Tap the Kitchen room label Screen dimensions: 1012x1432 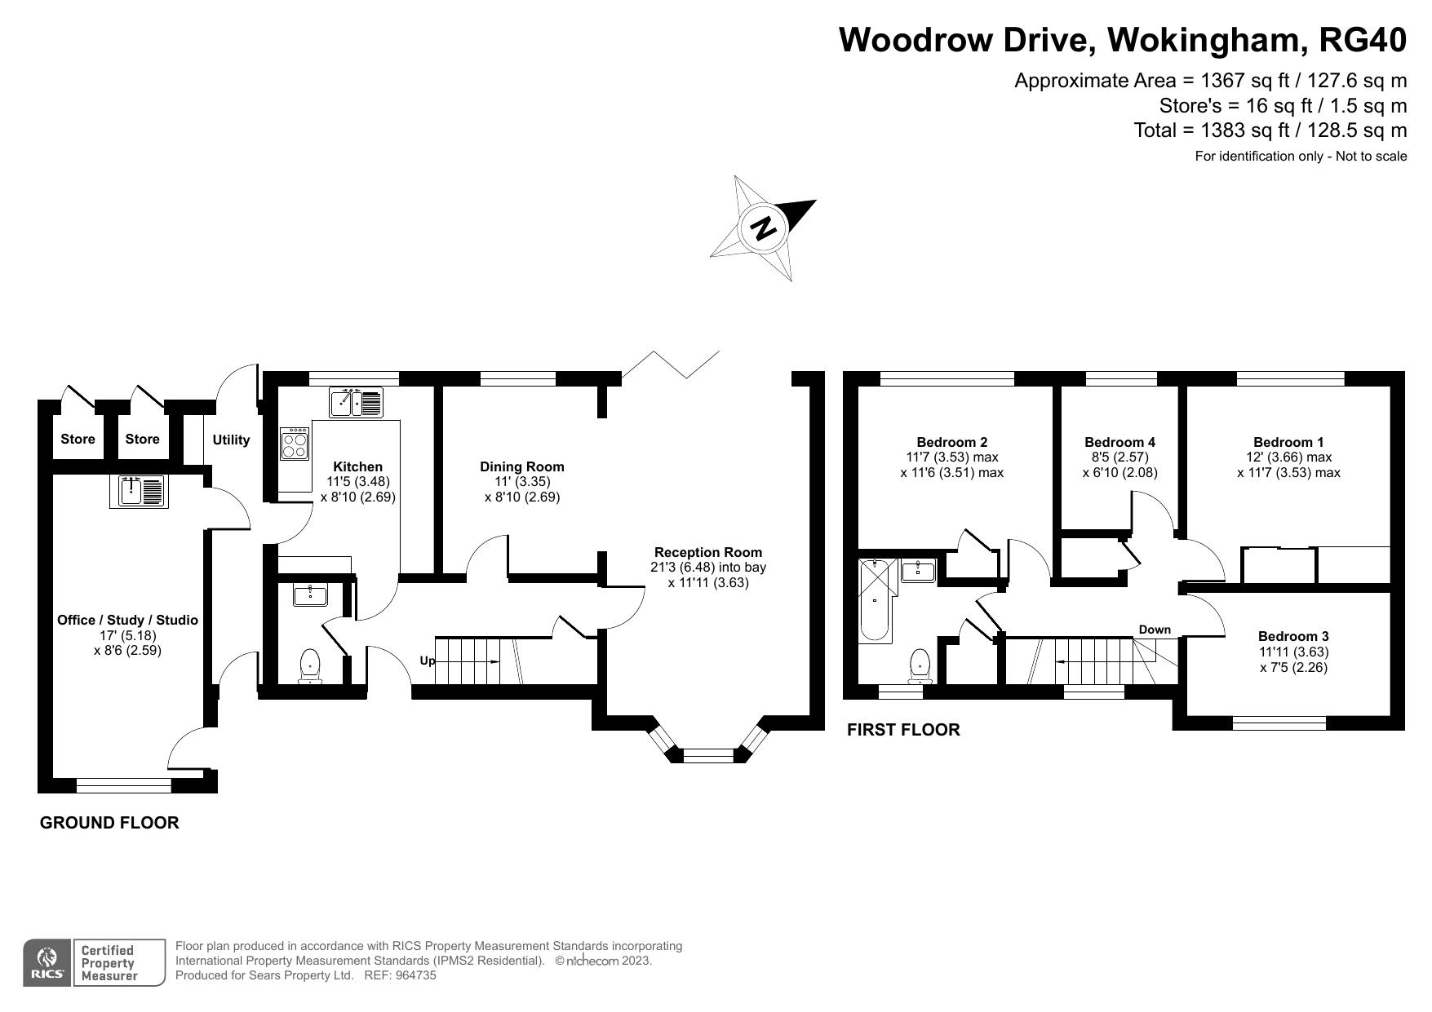(x=357, y=466)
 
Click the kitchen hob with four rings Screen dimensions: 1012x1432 (x=295, y=444)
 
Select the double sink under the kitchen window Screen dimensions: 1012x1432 (x=356, y=403)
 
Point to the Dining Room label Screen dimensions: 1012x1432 (x=521, y=466)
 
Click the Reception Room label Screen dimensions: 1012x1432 (x=707, y=552)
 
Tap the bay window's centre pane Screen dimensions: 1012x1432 (x=708, y=756)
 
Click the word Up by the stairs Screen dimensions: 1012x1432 (x=427, y=661)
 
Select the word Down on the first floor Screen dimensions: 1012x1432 (x=1154, y=629)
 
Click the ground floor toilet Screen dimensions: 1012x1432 (x=310, y=665)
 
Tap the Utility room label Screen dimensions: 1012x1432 (x=231, y=440)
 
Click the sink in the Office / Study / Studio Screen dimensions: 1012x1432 (x=138, y=492)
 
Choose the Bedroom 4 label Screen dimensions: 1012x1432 (x=1119, y=442)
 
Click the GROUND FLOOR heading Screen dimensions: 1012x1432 (x=109, y=822)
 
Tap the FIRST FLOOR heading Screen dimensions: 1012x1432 (x=902, y=729)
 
